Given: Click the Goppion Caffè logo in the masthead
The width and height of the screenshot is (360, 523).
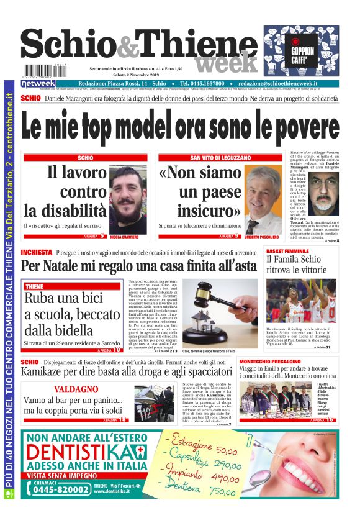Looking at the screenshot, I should (301, 51).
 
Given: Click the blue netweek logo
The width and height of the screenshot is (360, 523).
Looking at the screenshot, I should (38, 83).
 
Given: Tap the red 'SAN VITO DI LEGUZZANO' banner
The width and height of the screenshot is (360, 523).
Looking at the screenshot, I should (220, 158).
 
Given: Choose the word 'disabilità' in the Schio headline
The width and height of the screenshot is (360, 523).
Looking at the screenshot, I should (65, 209).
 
